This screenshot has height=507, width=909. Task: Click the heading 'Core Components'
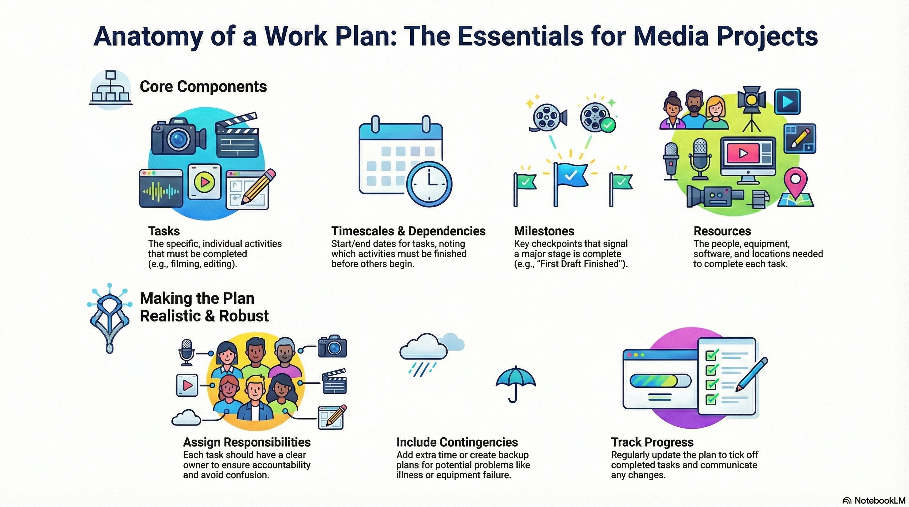click(203, 87)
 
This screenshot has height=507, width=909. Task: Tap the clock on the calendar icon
click(429, 184)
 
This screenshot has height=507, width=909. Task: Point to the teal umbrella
click(516, 382)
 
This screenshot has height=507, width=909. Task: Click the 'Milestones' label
click(544, 231)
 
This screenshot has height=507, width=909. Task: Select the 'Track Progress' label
click(652, 442)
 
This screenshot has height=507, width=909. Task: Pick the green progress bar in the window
click(656, 381)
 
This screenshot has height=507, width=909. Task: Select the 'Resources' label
click(722, 231)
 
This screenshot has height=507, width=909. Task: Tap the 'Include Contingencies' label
click(457, 442)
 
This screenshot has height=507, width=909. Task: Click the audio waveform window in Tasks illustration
click(161, 188)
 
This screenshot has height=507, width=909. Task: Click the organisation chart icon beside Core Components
click(110, 89)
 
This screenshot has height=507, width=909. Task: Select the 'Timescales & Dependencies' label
click(408, 231)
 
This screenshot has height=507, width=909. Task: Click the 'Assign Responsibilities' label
click(247, 442)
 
